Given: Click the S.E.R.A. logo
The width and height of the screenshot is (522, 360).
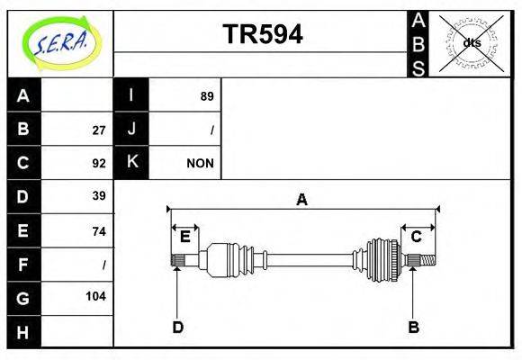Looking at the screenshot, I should [59, 41].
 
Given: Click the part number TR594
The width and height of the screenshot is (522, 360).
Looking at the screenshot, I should [262, 34].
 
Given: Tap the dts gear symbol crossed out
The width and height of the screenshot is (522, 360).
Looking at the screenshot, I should [472, 42].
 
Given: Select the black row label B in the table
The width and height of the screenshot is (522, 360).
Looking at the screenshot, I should [23, 129].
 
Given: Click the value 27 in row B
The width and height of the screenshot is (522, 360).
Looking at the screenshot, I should [99, 130].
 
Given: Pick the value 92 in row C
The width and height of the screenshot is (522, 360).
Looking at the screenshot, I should [99, 164].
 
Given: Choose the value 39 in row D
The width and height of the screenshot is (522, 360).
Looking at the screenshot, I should [99, 196].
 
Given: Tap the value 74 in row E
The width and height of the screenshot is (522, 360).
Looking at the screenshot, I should [99, 231].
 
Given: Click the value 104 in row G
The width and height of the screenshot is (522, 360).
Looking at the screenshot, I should [96, 296].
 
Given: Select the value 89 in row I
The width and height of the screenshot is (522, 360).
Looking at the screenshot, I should [207, 95].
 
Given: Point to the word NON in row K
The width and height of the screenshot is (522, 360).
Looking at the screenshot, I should [200, 164].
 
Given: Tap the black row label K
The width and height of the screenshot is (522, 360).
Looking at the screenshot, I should [131, 163].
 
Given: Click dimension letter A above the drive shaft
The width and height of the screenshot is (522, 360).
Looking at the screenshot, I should [302, 200].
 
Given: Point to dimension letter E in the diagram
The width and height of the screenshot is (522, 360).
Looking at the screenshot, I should [185, 237].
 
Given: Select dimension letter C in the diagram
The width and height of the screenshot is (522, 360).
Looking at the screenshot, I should [417, 237].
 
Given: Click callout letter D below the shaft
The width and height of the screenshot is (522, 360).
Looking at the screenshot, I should [178, 327].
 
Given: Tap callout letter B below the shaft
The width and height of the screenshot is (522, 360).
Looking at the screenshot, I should [413, 327].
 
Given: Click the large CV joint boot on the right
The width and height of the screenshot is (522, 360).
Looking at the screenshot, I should [382, 259].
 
